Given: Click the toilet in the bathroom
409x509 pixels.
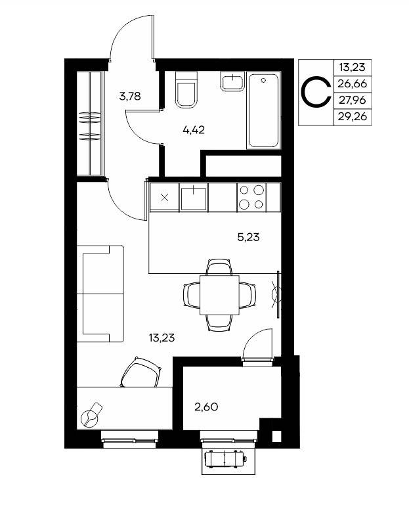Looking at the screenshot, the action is coord(186,90).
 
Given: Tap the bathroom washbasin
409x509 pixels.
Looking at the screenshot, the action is coord(232,81).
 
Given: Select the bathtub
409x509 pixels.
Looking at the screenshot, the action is coord(263,110).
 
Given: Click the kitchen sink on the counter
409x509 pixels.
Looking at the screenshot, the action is coord(194,198).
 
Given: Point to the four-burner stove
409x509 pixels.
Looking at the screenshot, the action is coord(251,198).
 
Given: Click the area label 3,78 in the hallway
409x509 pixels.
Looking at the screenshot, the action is coord(130,97).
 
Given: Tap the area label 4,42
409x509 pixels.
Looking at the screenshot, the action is coord(194,130).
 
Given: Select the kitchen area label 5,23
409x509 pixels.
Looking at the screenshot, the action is coord(249,238).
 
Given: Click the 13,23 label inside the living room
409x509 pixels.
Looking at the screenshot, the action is coord(162,338).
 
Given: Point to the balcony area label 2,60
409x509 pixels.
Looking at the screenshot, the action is coord(206,407).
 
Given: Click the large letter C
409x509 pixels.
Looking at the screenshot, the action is coord(316,92).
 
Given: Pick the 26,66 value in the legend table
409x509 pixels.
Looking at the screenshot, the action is coord(352,84).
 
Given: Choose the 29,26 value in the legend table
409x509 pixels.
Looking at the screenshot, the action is coord(352,116).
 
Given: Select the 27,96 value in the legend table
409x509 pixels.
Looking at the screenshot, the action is coord(352,100).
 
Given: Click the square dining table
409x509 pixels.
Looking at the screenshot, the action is coord(219,295).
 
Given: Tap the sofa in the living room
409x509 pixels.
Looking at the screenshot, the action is coord(100,294).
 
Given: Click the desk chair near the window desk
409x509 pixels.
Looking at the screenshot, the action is coord(142,372).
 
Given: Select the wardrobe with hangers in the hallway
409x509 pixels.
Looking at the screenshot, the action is coord(89,123).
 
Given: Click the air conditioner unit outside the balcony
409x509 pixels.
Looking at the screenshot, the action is coord(225,458).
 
